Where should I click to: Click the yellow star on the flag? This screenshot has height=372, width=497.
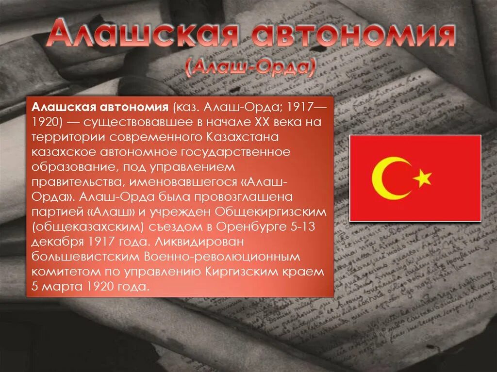click(x=423, y=179)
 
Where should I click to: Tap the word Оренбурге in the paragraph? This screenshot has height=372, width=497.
click(x=246, y=226)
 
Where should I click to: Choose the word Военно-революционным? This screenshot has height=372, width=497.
click(x=223, y=256)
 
